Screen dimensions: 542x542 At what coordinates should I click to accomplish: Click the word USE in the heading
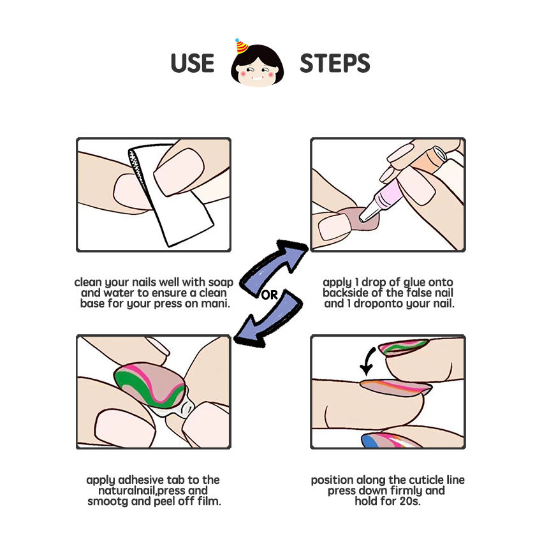193,63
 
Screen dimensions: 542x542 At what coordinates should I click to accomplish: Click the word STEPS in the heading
335,63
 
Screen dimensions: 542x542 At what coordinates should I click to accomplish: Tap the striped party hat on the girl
241,46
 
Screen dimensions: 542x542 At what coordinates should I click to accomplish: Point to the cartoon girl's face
257,67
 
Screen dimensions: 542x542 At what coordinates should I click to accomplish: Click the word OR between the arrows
269,295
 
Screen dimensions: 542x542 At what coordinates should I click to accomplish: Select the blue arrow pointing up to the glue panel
273,266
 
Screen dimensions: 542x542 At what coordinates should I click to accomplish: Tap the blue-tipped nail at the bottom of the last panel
391,441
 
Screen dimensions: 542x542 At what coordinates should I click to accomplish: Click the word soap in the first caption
221,282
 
